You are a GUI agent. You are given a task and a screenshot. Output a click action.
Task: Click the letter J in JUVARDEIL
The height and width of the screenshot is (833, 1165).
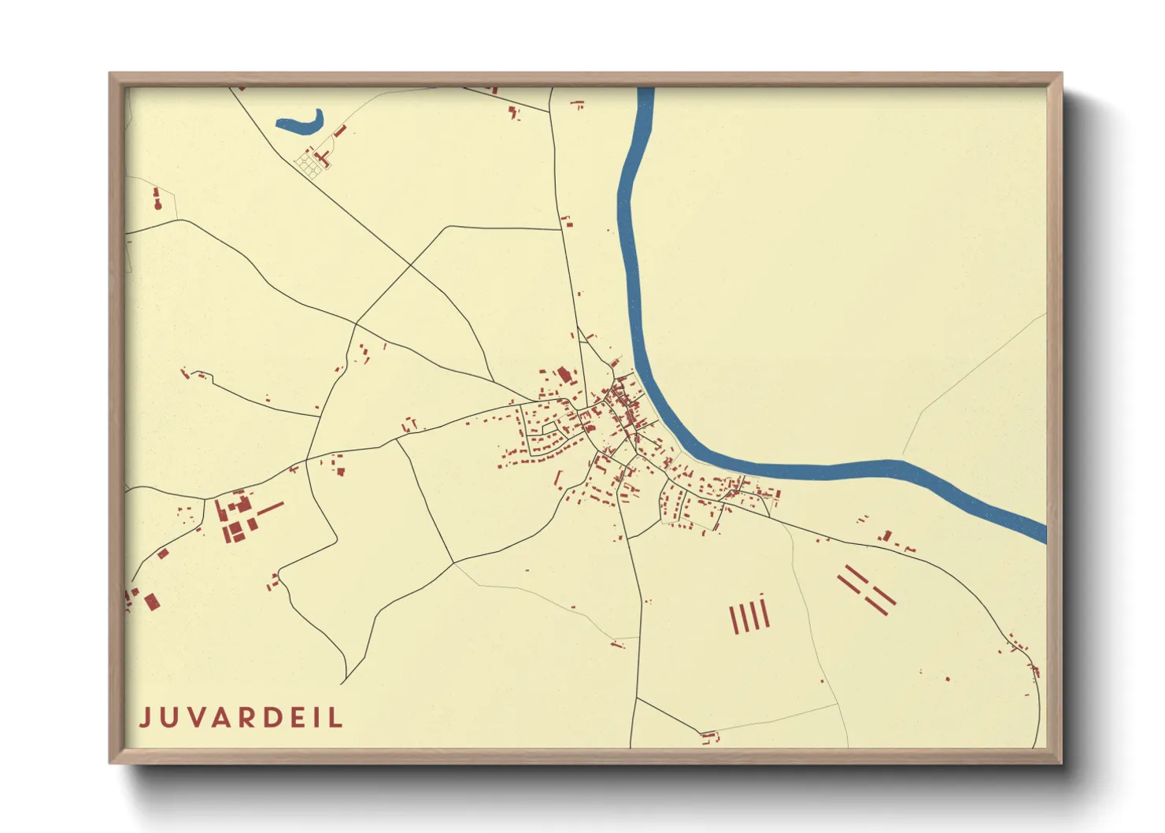pyautogui.click(x=146, y=717)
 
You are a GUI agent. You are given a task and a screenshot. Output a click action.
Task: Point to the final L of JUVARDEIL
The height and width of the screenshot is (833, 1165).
pyautogui.click(x=337, y=717)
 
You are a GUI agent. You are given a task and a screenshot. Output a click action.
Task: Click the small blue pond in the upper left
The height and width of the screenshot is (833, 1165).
pyautogui.click(x=301, y=122)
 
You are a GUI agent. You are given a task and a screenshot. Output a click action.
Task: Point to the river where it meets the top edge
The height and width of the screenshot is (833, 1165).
pyautogui.click(x=645, y=91)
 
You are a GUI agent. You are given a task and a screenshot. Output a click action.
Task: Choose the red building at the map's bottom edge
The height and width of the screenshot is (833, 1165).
pyautogui.click(x=710, y=739)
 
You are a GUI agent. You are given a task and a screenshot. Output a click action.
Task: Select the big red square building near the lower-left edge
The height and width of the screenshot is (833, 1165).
pyautogui.click(x=152, y=602)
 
